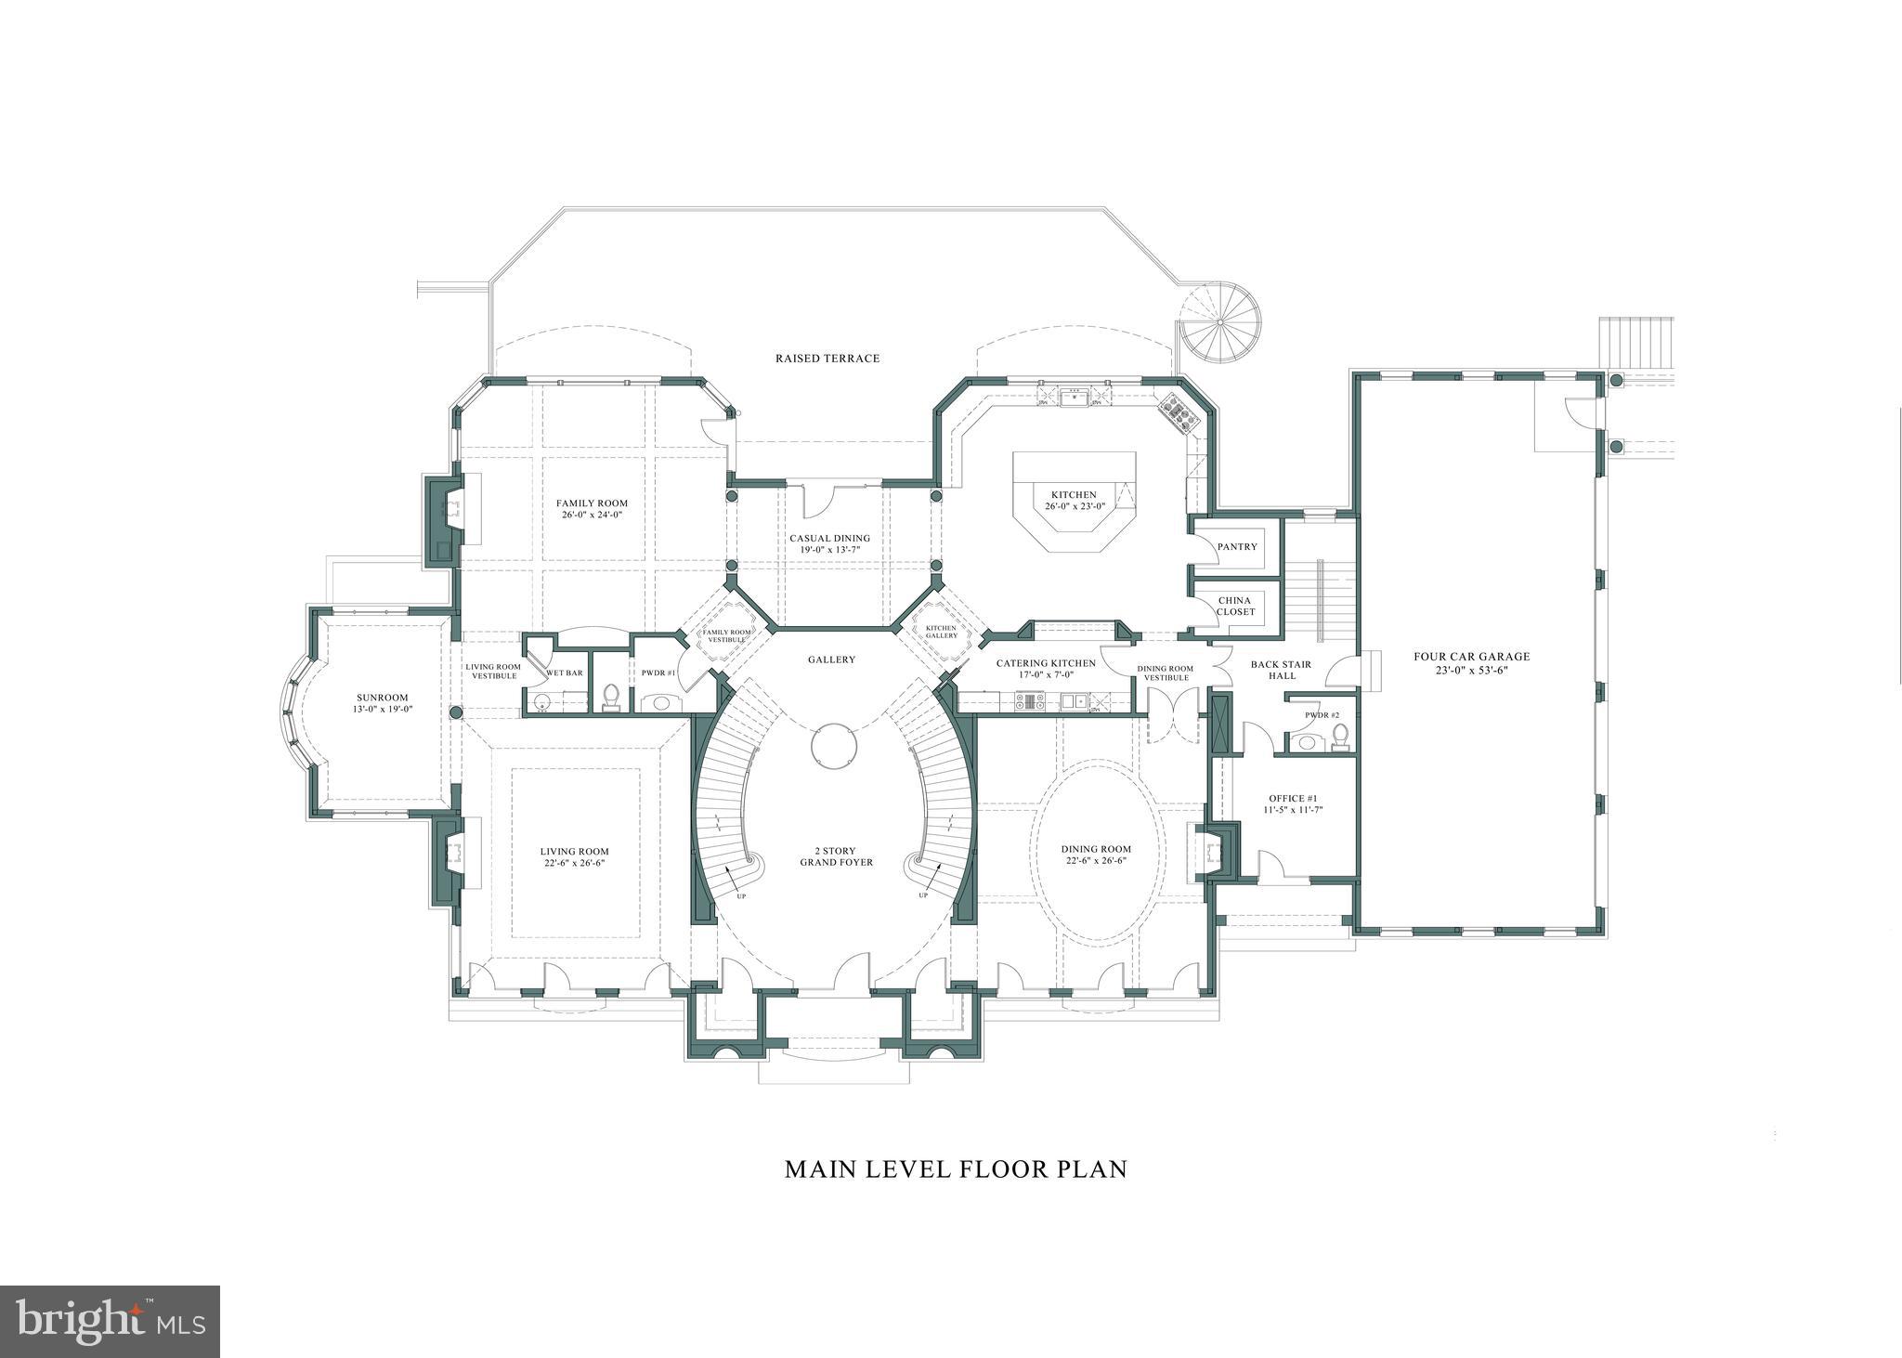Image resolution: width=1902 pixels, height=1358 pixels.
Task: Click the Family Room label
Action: click(592, 503)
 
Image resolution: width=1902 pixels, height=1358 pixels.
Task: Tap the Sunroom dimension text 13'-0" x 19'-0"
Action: click(382, 709)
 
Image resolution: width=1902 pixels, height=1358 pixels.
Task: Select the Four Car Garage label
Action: click(1471, 656)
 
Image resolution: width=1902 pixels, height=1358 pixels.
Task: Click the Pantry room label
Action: click(1237, 546)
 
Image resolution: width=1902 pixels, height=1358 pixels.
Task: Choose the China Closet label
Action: click(1236, 606)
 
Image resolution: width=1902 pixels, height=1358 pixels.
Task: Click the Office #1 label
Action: click(1293, 798)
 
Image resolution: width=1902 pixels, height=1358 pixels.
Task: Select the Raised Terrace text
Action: click(827, 358)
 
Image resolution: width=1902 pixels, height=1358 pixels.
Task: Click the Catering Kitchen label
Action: click(1045, 663)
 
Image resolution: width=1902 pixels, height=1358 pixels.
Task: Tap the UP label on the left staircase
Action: click(741, 895)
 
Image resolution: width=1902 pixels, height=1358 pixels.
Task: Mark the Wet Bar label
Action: click(564, 672)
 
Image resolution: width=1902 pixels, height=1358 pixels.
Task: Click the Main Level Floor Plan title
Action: click(955, 1169)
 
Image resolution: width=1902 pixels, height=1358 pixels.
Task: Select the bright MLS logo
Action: click(110, 1322)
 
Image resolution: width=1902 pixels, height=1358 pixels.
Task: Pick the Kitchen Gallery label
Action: click(941, 632)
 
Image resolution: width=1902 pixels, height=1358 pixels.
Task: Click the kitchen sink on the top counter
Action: click(1075, 398)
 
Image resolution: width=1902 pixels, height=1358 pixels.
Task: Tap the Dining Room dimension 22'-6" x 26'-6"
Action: click(1096, 860)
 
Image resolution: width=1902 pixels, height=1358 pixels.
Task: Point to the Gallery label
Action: click(830, 659)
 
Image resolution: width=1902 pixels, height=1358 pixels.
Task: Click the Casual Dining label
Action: click(829, 538)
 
